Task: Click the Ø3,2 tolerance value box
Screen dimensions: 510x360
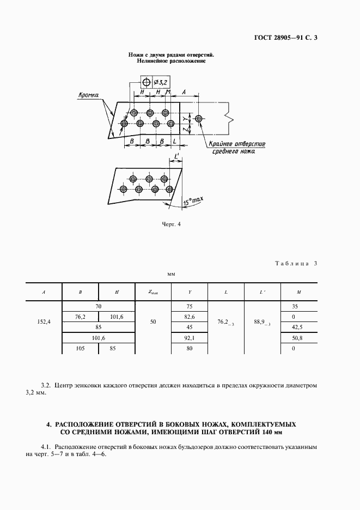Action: (161, 83)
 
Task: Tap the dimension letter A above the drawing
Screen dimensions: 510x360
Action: (184, 93)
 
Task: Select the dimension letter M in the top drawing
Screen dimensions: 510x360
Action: (168, 93)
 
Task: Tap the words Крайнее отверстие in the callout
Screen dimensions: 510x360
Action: (236, 144)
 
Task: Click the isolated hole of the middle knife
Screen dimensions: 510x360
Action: (199, 118)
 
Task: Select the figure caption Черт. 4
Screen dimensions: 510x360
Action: (171, 223)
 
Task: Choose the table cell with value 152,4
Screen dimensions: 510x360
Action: (44, 322)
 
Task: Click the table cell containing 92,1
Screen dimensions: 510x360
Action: (190, 338)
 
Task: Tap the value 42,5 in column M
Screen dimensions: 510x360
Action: (298, 327)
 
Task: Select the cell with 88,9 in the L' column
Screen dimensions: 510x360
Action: (263, 323)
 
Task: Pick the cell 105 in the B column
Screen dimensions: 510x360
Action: (80, 348)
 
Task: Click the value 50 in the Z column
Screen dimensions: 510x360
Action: (153, 322)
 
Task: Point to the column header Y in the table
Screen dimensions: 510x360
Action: (190, 292)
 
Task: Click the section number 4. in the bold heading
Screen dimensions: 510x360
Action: (49, 423)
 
